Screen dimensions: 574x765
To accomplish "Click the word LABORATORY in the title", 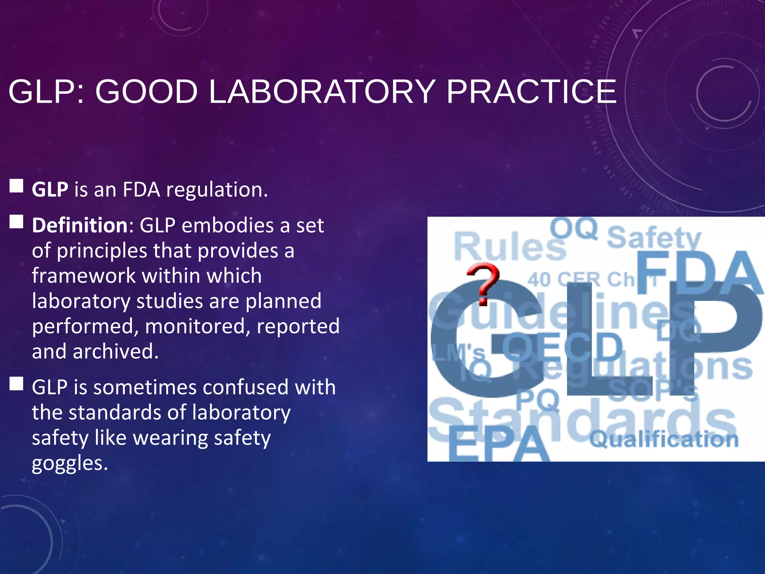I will (322, 92).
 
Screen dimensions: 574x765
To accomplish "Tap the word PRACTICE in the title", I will (531, 92).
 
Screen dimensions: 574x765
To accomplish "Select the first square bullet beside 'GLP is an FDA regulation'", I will (16, 185).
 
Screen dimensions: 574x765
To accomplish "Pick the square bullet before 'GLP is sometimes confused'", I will (16, 383).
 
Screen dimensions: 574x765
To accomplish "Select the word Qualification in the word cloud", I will (664, 439).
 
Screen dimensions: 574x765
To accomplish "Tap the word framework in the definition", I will (84, 276).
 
